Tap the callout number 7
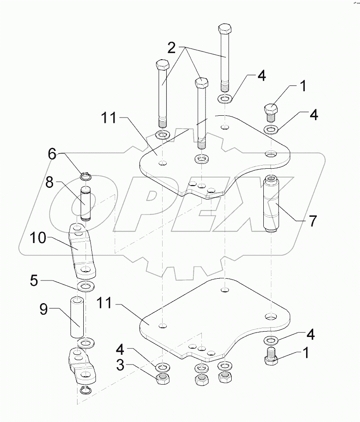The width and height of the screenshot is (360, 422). pyautogui.click(x=313, y=220)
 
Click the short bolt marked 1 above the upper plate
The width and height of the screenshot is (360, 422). pyautogui.click(x=270, y=112)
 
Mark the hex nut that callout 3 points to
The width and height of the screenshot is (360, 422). pyautogui.click(x=163, y=379)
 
